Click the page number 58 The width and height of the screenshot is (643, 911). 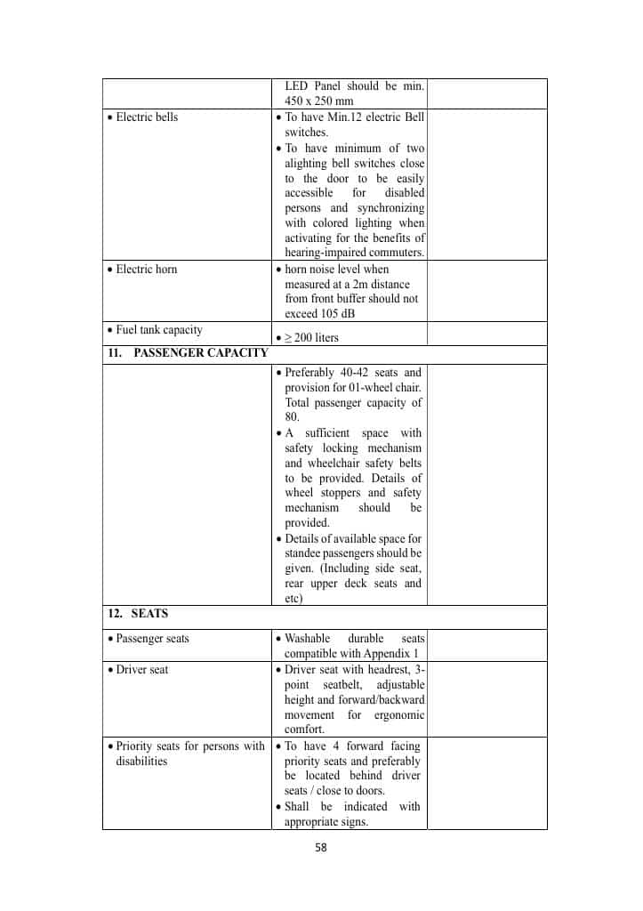coord(321,848)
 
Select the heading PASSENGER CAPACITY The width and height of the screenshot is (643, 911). coord(201,353)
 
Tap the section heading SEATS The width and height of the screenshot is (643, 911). coord(149,614)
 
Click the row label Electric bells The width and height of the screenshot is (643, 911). coord(147,117)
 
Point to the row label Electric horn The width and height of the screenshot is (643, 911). coord(147,270)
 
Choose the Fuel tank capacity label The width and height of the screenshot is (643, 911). coord(159,330)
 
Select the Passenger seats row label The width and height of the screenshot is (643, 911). coord(153,639)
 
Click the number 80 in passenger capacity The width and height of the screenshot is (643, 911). coord(293,417)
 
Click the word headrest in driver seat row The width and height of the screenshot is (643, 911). coord(388,670)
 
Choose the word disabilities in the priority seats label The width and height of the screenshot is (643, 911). coord(141,762)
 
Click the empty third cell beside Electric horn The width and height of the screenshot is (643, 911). coord(486,291)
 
